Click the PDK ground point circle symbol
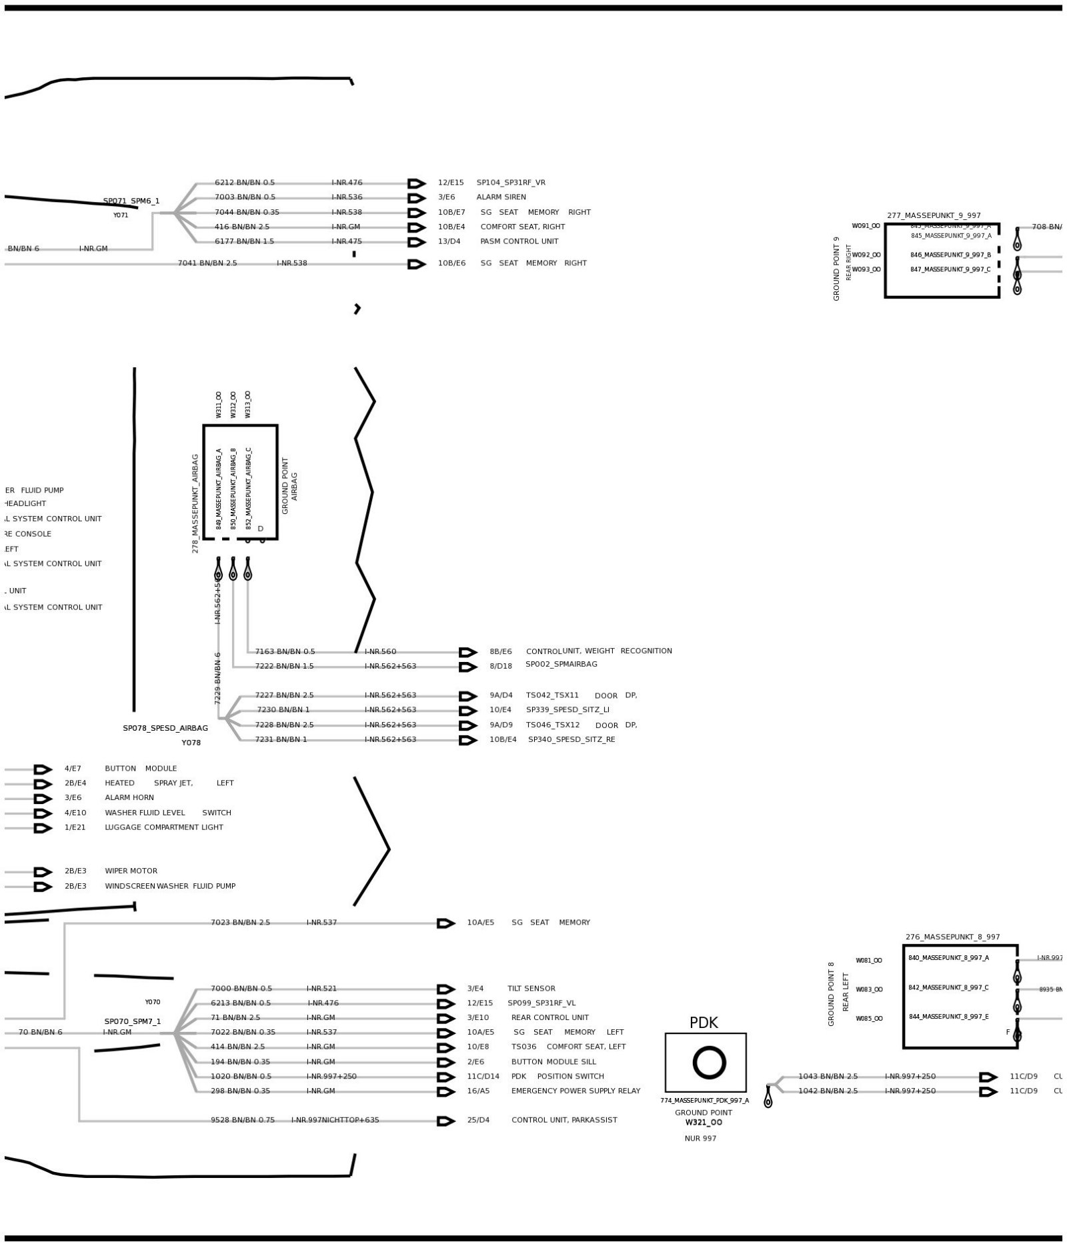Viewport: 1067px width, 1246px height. click(x=708, y=1062)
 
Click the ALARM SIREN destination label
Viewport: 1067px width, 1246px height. click(x=501, y=197)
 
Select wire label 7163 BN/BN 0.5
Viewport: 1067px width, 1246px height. click(x=285, y=651)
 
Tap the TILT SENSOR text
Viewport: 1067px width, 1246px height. click(x=531, y=989)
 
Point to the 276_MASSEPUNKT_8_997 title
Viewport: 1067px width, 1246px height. click(x=952, y=937)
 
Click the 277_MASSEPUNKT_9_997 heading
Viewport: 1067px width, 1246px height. click(x=934, y=215)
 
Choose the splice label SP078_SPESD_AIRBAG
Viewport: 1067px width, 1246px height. click(x=165, y=728)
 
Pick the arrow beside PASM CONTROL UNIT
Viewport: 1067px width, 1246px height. click(x=417, y=242)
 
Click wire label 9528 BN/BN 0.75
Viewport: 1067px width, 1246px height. click(x=243, y=1120)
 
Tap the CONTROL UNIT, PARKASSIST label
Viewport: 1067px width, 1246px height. click(x=564, y=1120)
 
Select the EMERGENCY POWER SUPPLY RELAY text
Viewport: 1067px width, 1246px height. click(x=576, y=1091)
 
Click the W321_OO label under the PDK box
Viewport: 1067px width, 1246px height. click(x=704, y=1122)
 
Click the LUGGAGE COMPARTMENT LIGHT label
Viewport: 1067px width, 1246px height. click(x=163, y=827)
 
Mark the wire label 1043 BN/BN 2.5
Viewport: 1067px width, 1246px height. click(x=828, y=1076)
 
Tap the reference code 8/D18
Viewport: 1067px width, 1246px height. click(x=501, y=665)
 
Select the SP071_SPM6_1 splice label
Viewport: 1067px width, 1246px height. click(x=131, y=201)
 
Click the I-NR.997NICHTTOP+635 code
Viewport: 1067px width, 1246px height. click(x=335, y=1120)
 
